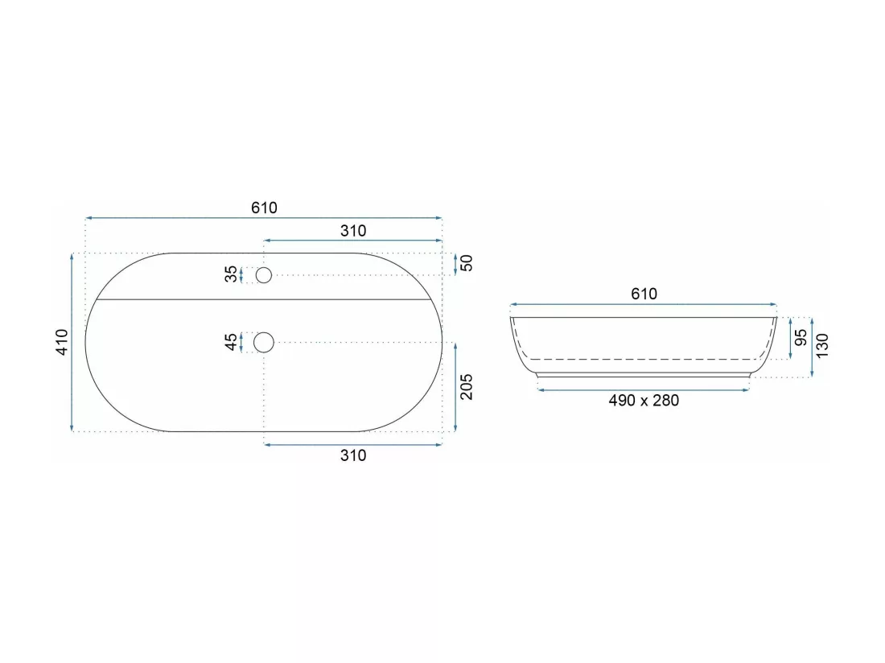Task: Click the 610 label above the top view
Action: click(264, 208)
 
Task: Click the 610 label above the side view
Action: click(644, 294)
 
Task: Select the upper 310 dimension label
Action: click(352, 230)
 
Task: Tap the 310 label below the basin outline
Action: click(352, 455)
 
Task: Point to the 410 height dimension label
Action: click(61, 342)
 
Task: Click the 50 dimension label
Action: click(466, 263)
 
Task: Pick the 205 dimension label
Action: click(466, 386)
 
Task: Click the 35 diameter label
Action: click(231, 274)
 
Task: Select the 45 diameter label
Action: click(231, 342)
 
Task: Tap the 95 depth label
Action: click(801, 338)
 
